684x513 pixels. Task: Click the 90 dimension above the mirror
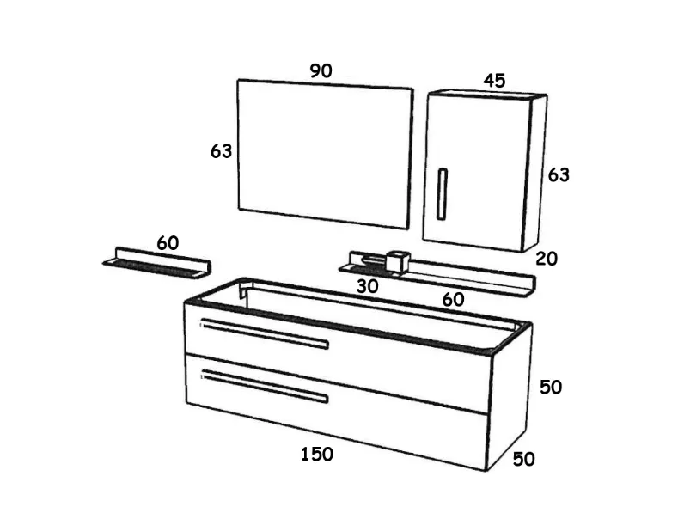click(x=321, y=70)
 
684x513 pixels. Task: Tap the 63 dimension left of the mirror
click(x=221, y=151)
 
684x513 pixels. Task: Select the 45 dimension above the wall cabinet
click(x=494, y=81)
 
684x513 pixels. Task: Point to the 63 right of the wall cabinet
click(x=559, y=175)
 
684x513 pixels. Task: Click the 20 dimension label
click(x=547, y=260)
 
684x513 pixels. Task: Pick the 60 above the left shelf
click(x=168, y=243)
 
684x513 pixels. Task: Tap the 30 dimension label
click(x=367, y=287)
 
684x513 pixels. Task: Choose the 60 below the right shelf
click(x=453, y=300)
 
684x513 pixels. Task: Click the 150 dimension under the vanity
click(x=317, y=455)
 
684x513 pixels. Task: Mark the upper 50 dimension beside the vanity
click(x=551, y=388)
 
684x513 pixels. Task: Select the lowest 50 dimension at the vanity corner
click(x=523, y=460)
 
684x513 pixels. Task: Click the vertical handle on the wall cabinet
click(x=443, y=193)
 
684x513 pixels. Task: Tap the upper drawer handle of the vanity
click(x=265, y=334)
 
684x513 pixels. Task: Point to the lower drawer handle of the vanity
click(x=265, y=386)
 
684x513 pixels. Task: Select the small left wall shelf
click(x=157, y=263)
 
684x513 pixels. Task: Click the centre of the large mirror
click(x=326, y=154)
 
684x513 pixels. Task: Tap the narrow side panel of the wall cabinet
click(x=534, y=174)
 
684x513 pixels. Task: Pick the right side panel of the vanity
click(x=508, y=397)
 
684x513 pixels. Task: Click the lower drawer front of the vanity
click(x=336, y=411)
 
